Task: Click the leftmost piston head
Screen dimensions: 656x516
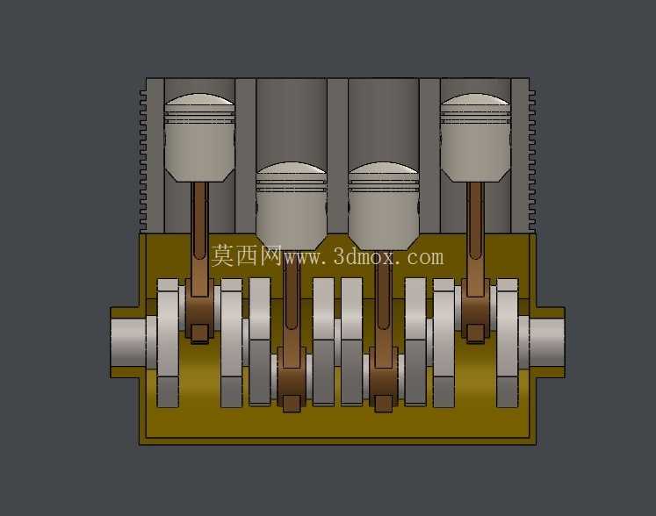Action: point(199,138)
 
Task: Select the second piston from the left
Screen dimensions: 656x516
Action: point(292,205)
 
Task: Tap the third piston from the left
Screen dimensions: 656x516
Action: point(383,205)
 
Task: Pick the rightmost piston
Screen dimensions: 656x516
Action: point(475,138)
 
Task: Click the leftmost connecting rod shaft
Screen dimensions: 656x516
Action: point(199,232)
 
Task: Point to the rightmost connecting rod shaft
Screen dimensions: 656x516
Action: point(476,232)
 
